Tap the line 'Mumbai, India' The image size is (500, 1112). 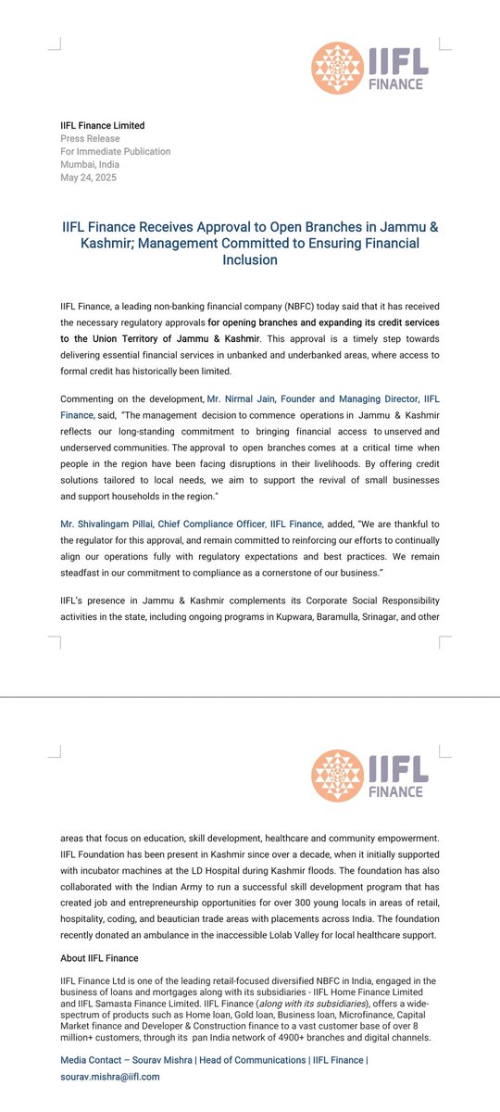89,165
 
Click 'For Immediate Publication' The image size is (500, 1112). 116,152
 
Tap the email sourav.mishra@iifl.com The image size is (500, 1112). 110,1077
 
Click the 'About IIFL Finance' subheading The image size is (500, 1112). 99,958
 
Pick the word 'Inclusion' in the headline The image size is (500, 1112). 249,260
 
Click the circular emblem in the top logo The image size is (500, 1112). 336,66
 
